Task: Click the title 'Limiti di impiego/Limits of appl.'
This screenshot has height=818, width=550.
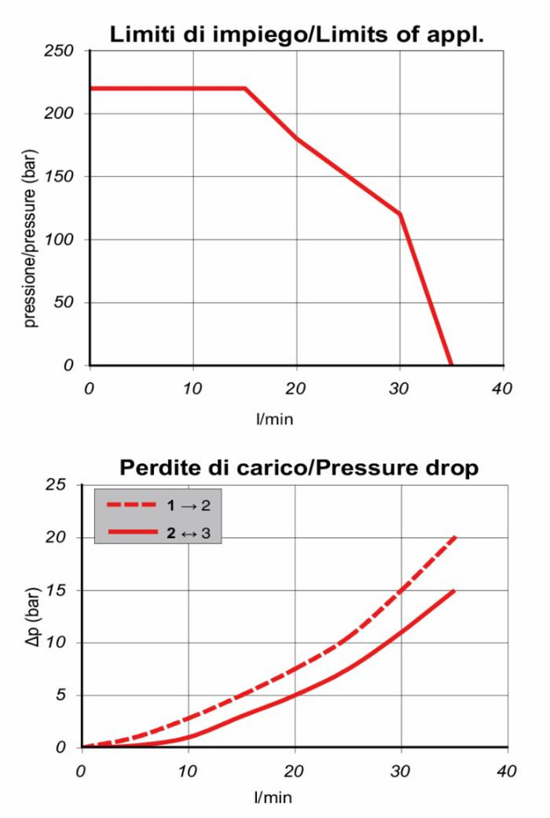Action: (298, 35)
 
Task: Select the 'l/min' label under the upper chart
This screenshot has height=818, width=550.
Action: (275, 420)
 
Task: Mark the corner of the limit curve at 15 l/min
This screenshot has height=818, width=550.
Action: (245, 88)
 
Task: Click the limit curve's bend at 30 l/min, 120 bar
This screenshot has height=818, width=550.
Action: (400, 214)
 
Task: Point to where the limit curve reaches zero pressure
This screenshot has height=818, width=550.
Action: (451, 365)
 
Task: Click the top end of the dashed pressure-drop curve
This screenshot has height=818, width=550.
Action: (454, 537)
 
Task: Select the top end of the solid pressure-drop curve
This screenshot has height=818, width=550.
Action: (454, 590)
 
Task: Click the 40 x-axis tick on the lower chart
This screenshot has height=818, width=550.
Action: (507, 770)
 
